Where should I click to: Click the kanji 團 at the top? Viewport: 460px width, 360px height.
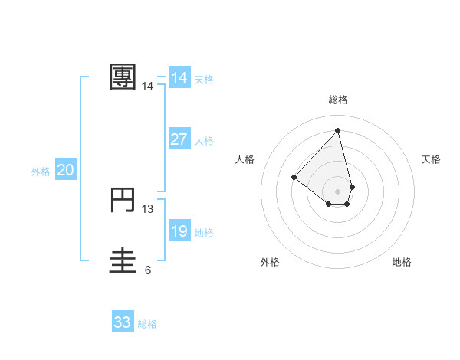pos(123,77)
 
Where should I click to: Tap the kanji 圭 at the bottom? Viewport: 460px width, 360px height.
pos(123,260)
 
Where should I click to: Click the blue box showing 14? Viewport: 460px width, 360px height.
pos(179,78)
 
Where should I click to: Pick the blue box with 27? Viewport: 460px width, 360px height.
pos(179,139)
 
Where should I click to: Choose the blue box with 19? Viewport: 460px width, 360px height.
pos(179,231)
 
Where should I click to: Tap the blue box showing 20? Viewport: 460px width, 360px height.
pos(66,170)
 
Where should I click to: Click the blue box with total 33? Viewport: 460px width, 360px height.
pos(123,322)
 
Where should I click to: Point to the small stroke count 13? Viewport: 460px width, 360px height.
pos(148,208)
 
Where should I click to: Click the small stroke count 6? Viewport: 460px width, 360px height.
pos(148,270)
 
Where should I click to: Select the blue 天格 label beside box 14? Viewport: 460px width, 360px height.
pos(204,80)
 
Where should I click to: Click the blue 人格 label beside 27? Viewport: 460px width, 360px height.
pos(204,141)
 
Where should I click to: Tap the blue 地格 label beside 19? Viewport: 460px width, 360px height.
pos(204,233)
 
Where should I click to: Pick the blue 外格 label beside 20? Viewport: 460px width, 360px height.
pos(41,172)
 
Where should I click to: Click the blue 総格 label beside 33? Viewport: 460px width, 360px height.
pos(147,324)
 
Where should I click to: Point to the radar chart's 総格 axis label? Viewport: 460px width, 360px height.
pos(337,100)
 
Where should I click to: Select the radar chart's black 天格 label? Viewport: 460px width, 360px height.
pos(432,159)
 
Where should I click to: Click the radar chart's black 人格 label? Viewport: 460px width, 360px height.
pos(245,159)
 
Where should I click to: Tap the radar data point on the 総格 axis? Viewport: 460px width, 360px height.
pos(337,130)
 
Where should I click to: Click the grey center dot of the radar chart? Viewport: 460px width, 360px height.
pos(337,191)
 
